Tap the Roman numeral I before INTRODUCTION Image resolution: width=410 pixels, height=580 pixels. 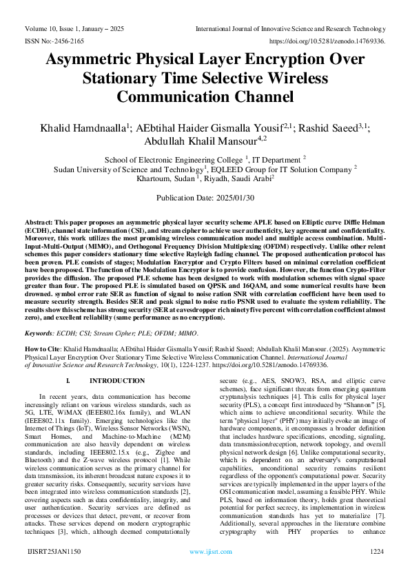click(x=67, y=381)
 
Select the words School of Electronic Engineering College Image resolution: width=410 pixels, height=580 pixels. click(x=174, y=158)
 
